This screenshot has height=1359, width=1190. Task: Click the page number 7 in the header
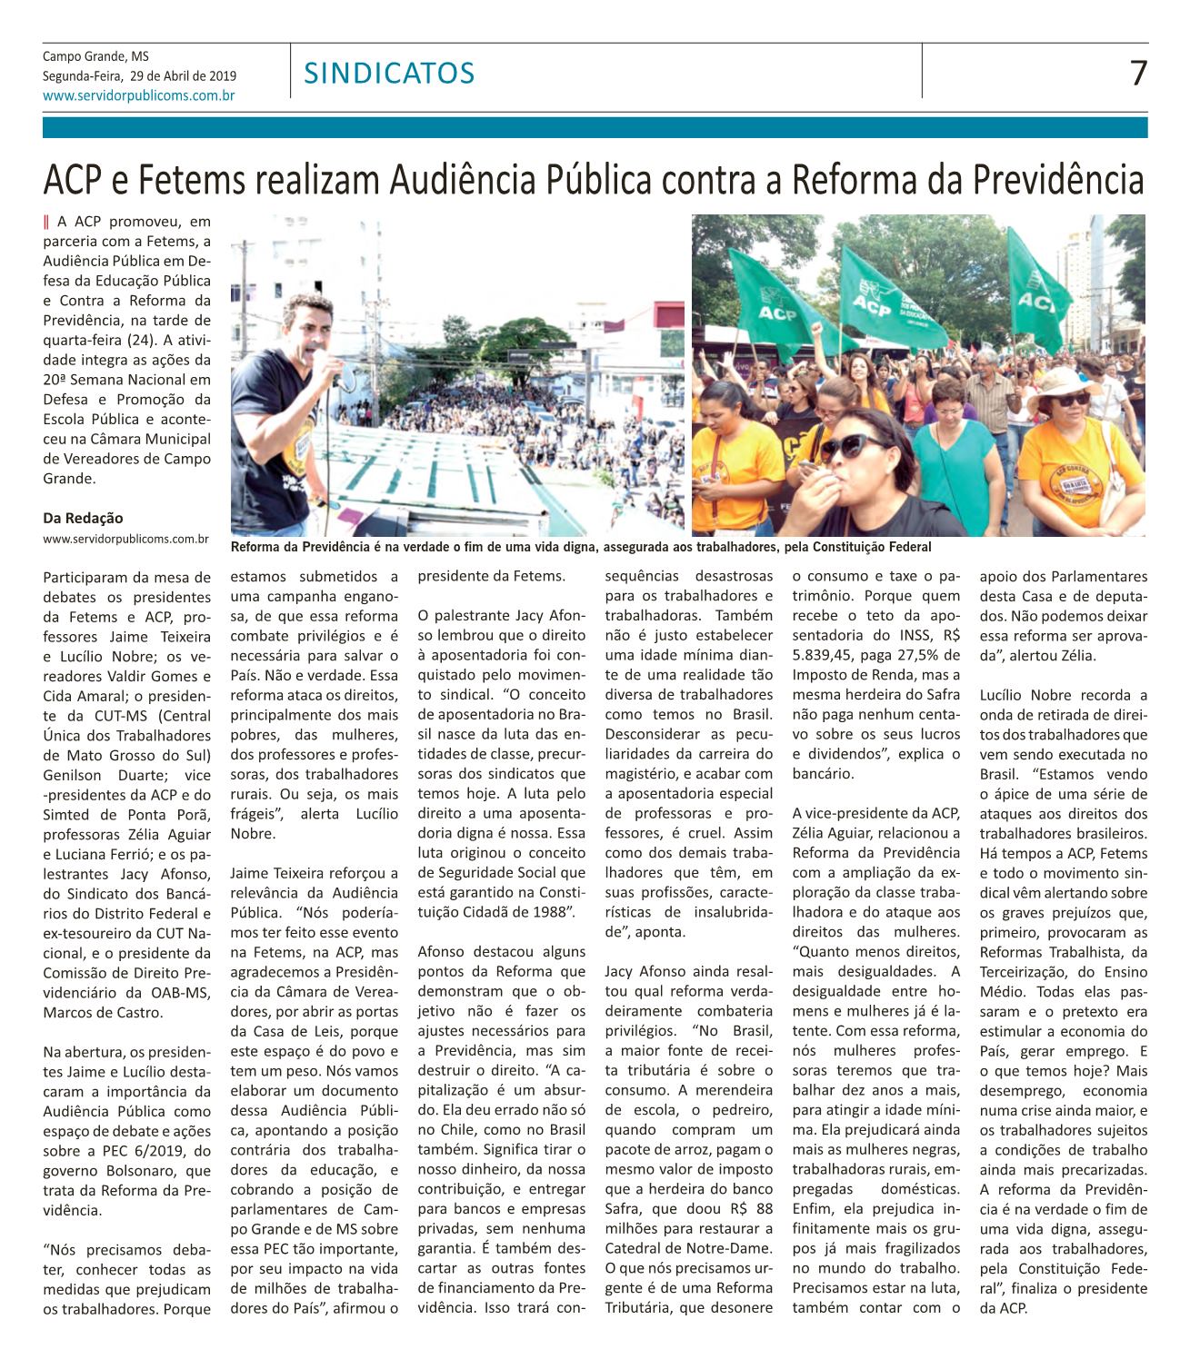pyautogui.click(x=1137, y=72)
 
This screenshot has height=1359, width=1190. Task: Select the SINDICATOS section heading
pyautogui.click(x=389, y=73)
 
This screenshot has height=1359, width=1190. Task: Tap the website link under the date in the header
pyautogui.click(x=139, y=94)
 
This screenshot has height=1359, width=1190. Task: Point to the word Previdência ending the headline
pyautogui.click(x=1058, y=180)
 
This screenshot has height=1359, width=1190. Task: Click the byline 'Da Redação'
pyautogui.click(x=83, y=518)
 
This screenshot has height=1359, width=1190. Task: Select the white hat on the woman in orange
pyautogui.click(x=1060, y=381)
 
